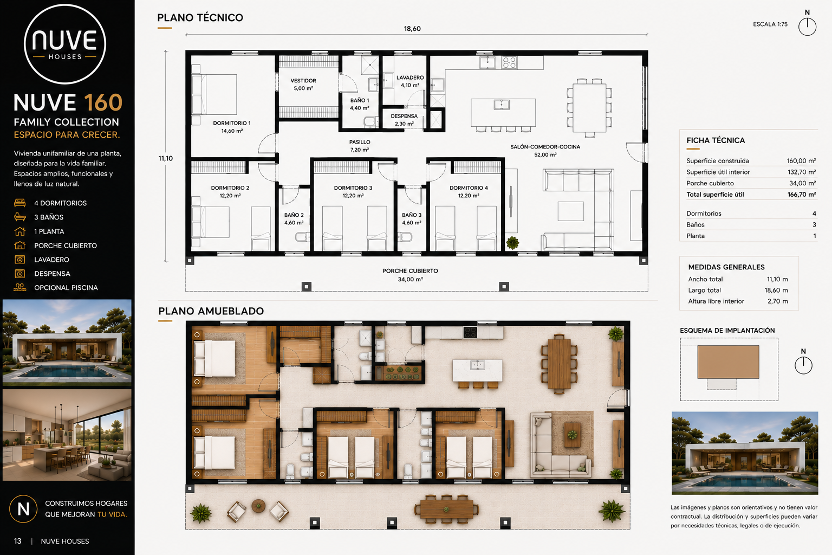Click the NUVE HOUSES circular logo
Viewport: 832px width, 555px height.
pos(65,44)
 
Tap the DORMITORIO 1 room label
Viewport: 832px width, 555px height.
pos(232,127)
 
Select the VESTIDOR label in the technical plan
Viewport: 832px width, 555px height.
pos(303,81)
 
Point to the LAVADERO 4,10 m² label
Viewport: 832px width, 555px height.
pos(410,81)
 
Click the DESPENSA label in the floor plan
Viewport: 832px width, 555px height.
pos(404,116)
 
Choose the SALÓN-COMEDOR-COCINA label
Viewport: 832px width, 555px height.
pos(545,147)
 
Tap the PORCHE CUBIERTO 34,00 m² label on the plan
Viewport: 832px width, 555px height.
pos(410,275)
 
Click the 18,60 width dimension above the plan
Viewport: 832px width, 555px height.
pos(412,29)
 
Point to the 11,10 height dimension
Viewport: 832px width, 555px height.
pos(165,158)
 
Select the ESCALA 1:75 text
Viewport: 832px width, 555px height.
pos(770,24)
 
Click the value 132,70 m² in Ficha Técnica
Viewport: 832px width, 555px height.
pos(802,172)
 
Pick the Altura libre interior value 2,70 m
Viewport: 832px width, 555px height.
pos(777,301)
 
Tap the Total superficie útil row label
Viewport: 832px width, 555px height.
pos(715,195)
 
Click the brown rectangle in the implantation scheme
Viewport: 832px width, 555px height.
pos(728,362)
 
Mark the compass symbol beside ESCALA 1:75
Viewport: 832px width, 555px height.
pos(807,27)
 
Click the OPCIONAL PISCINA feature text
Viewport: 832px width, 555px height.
pos(66,288)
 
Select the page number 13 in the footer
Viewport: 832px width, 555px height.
pos(17,541)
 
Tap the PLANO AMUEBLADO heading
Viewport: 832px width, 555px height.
pos(211,311)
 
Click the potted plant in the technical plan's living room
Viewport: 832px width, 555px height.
pos(512,243)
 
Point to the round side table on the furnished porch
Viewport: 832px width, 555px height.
pos(258,506)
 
